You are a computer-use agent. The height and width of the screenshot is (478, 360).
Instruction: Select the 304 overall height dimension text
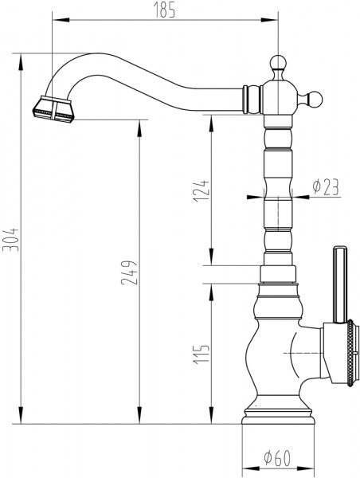point(10,237)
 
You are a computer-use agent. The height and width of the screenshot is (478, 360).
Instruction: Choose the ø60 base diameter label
point(277,459)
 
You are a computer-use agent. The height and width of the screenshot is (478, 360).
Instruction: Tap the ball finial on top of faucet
point(277,62)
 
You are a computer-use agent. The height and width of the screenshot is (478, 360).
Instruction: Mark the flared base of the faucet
point(277,418)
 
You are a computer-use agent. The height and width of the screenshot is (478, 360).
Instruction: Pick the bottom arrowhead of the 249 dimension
point(141,421)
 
